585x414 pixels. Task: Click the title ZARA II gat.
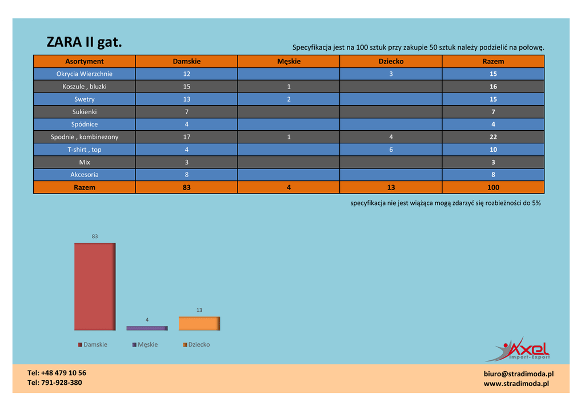pyautogui.click(x=84, y=42)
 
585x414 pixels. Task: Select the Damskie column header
pyautogui.click(x=187, y=61)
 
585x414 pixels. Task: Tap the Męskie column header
pyautogui.click(x=289, y=61)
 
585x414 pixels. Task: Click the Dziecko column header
pyautogui.click(x=391, y=61)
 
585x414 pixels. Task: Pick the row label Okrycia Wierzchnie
pyautogui.click(x=85, y=74)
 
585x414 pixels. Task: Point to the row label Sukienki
pyautogui.click(x=85, y=112)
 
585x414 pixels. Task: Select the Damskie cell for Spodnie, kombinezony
pyautogui.click(x=187, y=137)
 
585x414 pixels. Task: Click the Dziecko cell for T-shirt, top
pyautogui.click(x=391, y=150)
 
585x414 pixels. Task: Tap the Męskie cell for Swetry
pyautogui.click(x=289, y=99)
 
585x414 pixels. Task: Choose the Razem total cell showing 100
pyautogui.click(x=493, y=187)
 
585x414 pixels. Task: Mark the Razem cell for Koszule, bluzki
pyautogui.click(x=493, y=87)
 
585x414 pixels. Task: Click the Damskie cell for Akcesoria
pyautogui.click(x=187, y=175)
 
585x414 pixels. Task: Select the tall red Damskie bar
pyautogui.click(x=95, y=287)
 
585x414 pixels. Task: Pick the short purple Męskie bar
pyautogui.click(x=147, y=328)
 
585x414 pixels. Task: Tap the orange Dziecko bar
pyautogui.click(x=199, y=323)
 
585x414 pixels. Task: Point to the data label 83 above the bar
pyautogui.click(x=95, y=236)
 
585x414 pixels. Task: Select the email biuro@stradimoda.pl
pyautogui.click(x=518, y=374)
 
